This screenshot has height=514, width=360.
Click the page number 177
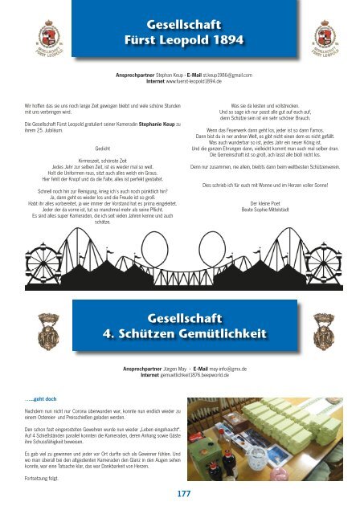coord(179,492)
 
